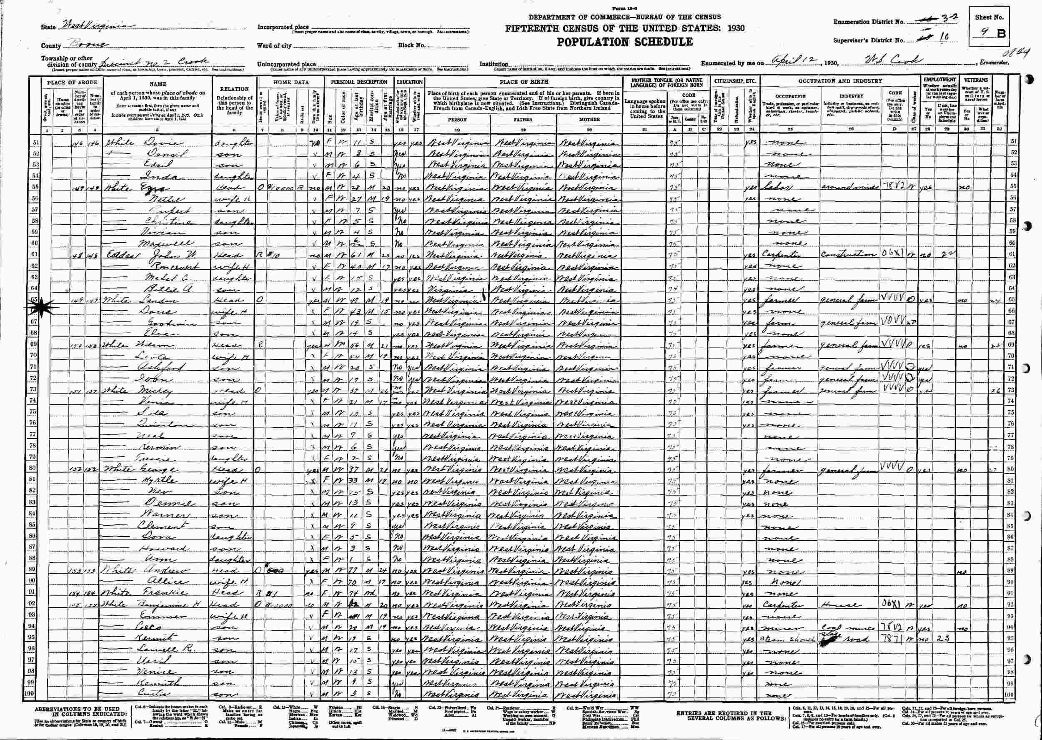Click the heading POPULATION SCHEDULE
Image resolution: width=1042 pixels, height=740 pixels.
click(x=624, y=43)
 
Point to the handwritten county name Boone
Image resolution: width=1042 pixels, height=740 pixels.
click(x=87, y=45)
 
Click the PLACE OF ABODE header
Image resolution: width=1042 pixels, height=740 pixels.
click(x=72, y=83)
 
